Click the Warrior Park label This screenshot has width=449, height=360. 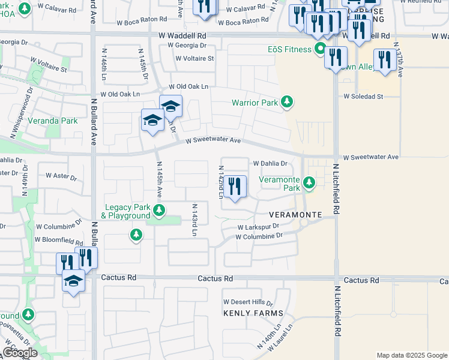coord(255,103)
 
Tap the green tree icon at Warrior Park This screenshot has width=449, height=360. coord(288,102)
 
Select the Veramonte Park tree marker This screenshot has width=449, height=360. coord(309,182)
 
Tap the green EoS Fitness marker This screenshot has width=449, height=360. coord(321,49)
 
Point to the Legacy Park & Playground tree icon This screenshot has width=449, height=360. coord(159,210)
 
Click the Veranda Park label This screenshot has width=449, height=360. coord(56,121)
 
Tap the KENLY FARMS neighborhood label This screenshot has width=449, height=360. coord(253,313)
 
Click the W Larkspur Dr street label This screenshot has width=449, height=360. coord(259,227)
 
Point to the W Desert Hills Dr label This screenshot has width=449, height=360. coord(248,302)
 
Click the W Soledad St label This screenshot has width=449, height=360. coord(363,96)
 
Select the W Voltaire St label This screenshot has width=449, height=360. coord(194,59)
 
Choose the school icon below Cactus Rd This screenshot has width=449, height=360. coord(74,282)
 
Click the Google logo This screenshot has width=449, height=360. coord(20,353)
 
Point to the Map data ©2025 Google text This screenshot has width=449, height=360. coord(412,355)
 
